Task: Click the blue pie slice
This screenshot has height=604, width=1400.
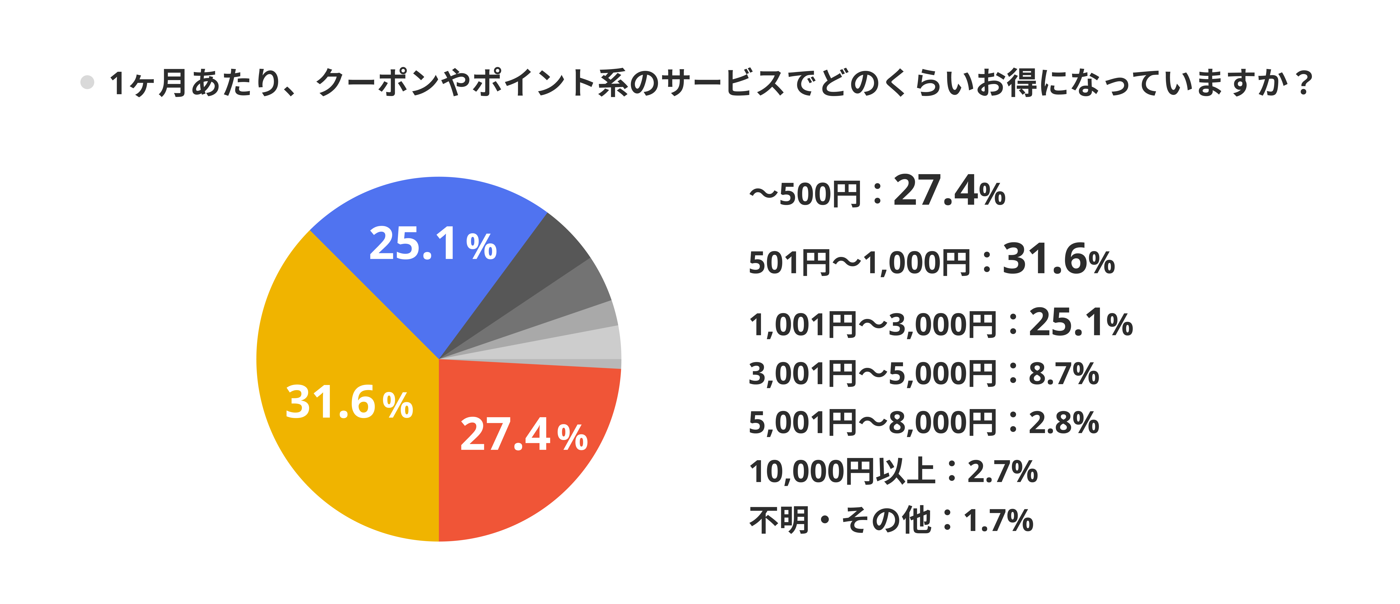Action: pos(429,217)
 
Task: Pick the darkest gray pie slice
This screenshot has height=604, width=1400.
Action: pos(544,255)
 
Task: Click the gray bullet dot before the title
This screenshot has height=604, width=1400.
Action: pos(87,83)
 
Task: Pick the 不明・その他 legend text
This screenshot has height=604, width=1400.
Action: pos(840,520)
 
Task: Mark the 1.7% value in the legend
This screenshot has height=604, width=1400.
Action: pos(998,520)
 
